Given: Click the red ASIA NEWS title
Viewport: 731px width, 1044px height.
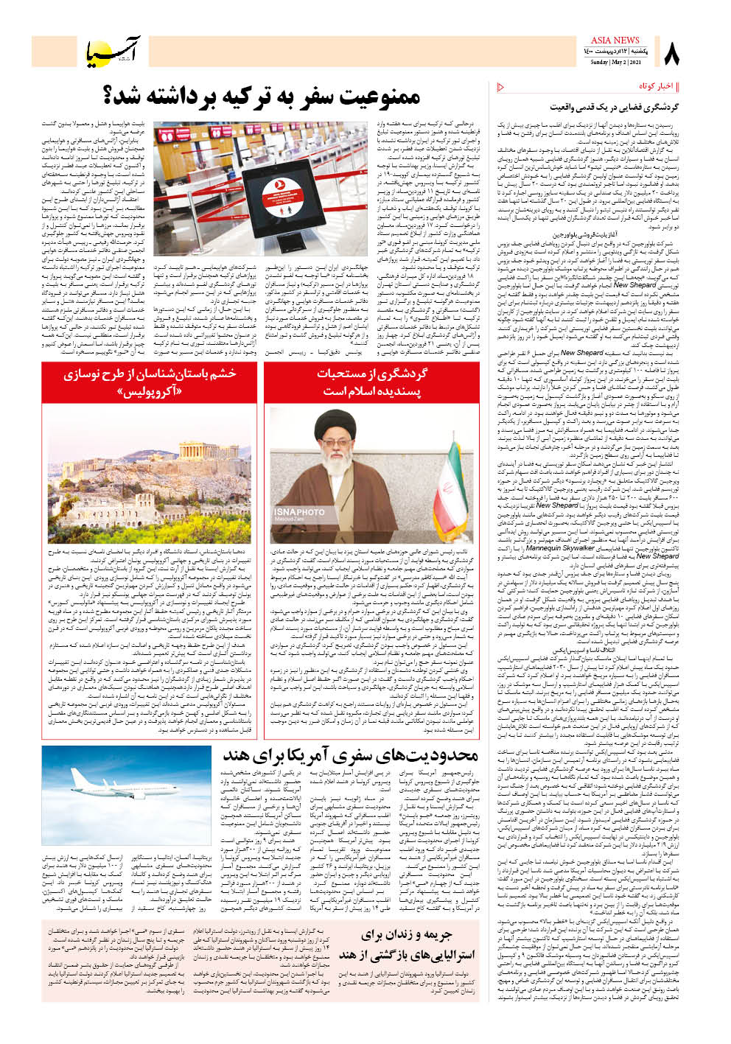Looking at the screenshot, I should tap(615, 40).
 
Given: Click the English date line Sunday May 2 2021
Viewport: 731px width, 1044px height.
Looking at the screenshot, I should tap(615, 62).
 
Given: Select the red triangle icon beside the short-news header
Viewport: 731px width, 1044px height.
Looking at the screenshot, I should tap(501, 88).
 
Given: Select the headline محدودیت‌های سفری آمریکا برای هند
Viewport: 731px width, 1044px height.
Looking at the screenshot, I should tap(350, 756).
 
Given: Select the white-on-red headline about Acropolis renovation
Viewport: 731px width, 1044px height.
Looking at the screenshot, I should tap(150, 382).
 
